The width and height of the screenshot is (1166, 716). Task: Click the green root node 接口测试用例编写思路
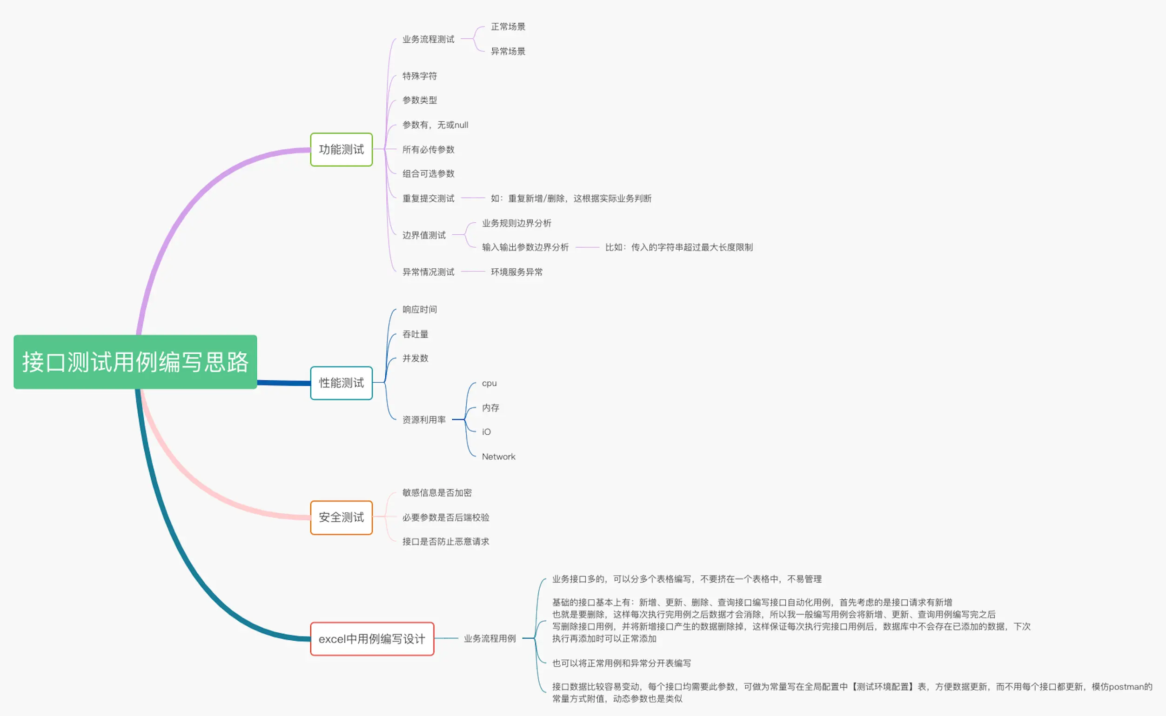[x=135, y=362]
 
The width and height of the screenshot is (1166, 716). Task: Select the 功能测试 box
[x=341, y=150]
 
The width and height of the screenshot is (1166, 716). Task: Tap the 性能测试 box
[x=341, y=383]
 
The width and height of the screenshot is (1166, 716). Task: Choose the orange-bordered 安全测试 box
[x=341, y=517]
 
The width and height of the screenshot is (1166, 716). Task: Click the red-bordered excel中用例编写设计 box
[x=372, y=639]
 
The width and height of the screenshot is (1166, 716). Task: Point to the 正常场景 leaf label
[x=508, y=27]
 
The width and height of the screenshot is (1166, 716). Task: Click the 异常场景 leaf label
[x=508, y=51]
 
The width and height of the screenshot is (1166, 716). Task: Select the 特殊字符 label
[x=419, y=76]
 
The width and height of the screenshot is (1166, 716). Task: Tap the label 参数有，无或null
[x=435, y=125]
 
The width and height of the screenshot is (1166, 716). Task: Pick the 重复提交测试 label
[x=429, y=199]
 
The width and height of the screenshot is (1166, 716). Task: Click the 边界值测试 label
[x=424, y=235]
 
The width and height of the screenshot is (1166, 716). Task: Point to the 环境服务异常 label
[x=516, y=272]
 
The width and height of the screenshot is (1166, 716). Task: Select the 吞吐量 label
[x=415, y=334]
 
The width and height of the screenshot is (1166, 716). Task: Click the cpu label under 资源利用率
[x=489, y=383]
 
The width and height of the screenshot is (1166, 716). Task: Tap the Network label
[x=498, y=457]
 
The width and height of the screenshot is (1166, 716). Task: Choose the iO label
[x=486, y=432]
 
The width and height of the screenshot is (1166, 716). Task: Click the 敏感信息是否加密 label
[x=437, y=493]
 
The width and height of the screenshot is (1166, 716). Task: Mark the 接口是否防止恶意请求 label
[x=445, y=542]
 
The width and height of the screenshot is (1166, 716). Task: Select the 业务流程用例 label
[x=489, y=639]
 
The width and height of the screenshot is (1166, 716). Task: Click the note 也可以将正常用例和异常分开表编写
[x=621, y=663]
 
